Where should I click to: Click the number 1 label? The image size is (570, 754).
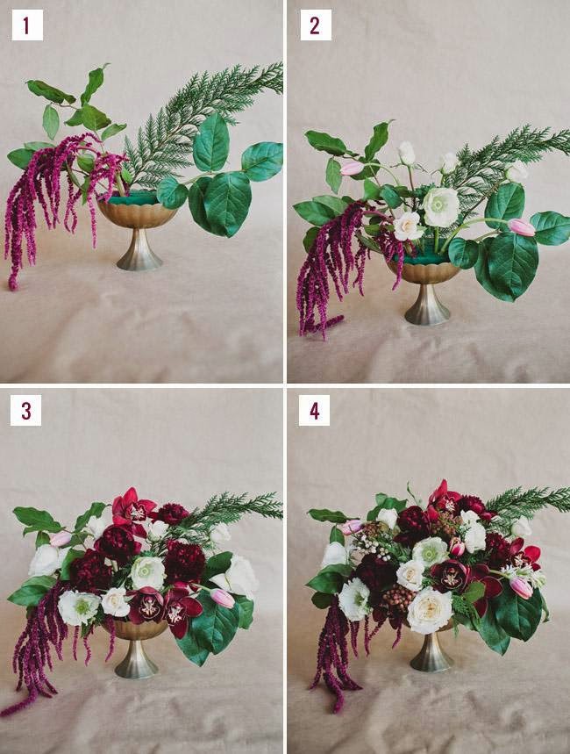(x=27, y=25)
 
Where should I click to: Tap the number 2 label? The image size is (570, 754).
(x=316, y=25)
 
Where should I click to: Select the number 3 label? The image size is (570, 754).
(x=25, y=411)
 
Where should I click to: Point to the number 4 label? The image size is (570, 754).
(x=314, y=411)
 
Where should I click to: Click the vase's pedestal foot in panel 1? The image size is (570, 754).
(x=139, y=250)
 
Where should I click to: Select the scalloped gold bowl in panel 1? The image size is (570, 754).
(x=137, y=214)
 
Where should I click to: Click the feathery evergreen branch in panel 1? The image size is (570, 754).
(x=202, y=125)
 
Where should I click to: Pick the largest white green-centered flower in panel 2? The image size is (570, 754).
(x=441, y=207)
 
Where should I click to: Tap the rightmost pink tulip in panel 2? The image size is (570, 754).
(x=522, y=227)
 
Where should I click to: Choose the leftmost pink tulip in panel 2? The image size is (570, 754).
(x=352, y=168)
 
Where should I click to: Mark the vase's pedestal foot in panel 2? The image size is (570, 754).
(x=427, y=305)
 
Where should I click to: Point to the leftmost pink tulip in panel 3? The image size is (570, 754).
(x=61, y=539)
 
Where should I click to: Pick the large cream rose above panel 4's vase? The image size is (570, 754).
(x=430, y=610)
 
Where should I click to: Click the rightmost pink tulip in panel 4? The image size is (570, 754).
(x=521, y=587)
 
